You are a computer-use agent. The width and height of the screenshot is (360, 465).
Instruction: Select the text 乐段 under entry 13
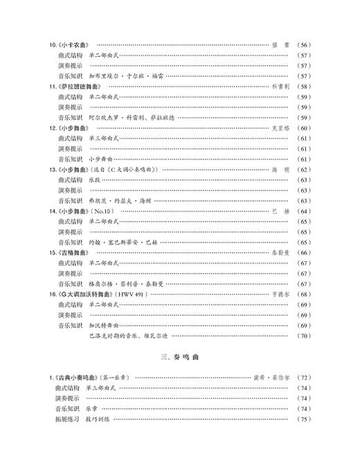click(94, 179)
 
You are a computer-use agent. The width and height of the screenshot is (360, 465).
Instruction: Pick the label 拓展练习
click(69, 419)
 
